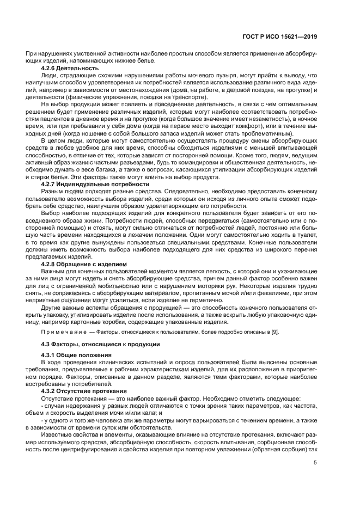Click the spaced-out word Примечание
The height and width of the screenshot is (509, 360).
[x=62, y=332]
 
